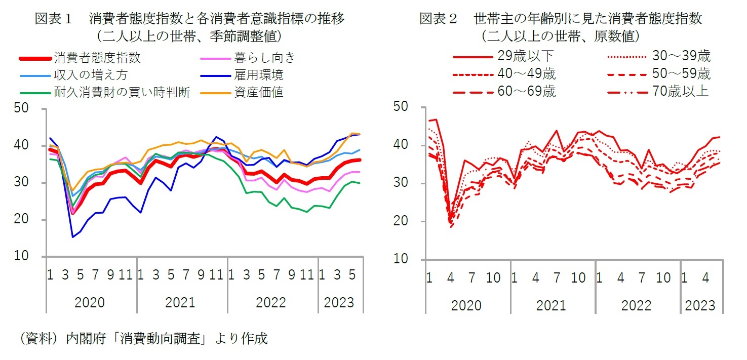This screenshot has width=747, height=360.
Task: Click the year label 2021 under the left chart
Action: (180, 303)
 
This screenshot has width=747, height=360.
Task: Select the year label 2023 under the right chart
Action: (700, 305)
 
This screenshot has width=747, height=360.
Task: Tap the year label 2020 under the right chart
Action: (466, 305)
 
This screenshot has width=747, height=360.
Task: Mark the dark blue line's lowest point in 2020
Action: (73, 236)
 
